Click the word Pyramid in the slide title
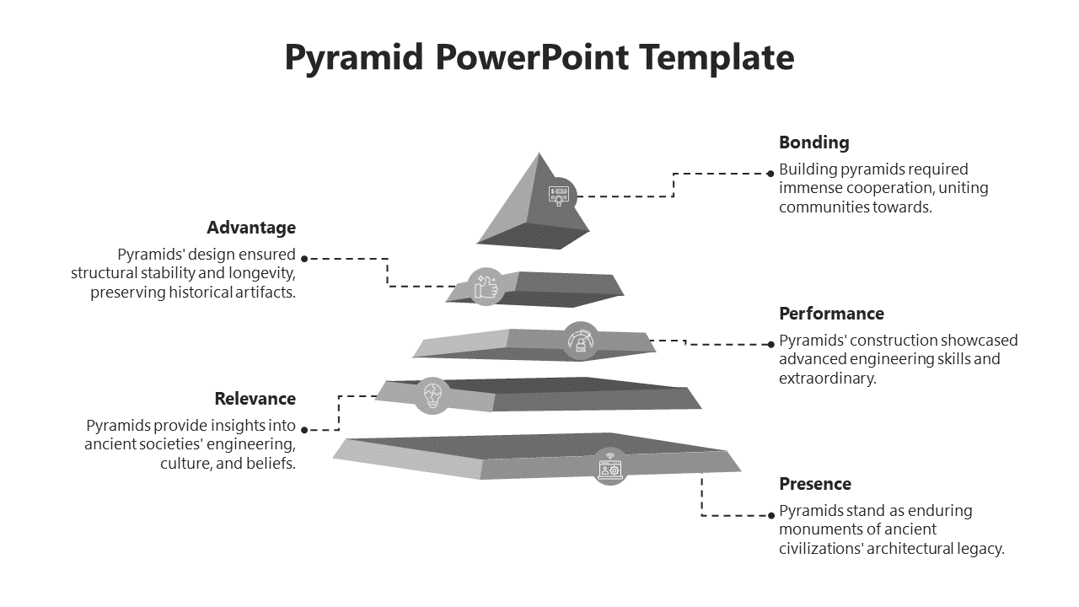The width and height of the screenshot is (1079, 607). (x=352, y=58)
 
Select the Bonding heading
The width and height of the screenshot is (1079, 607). (x=813, y=142)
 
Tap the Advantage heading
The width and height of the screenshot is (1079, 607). (x=251, y=228)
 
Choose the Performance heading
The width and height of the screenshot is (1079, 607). (x=831, y=314)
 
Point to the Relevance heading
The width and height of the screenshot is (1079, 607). (x=255, y=399)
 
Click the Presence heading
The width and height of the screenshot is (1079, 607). (x=814, y=484)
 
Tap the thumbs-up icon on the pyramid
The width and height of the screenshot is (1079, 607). (x=486, y=287)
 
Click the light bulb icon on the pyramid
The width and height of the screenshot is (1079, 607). (x=432, y=395)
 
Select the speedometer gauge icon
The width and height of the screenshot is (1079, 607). (x=581, y=341)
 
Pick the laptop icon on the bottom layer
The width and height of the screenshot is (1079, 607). (x=609, y=465)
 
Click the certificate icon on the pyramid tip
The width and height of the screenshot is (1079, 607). (x=559, y=196)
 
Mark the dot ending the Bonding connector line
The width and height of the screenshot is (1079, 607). (x=770, y=174)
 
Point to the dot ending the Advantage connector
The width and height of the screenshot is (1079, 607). (x=304, y=259)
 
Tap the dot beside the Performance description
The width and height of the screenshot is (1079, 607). (x=770, y=344)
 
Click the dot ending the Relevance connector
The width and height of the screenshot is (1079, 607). (x=304, y=429)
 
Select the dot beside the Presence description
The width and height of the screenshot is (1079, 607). (x=770, y=514)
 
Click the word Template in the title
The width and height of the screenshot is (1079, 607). (x=717, y=58)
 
